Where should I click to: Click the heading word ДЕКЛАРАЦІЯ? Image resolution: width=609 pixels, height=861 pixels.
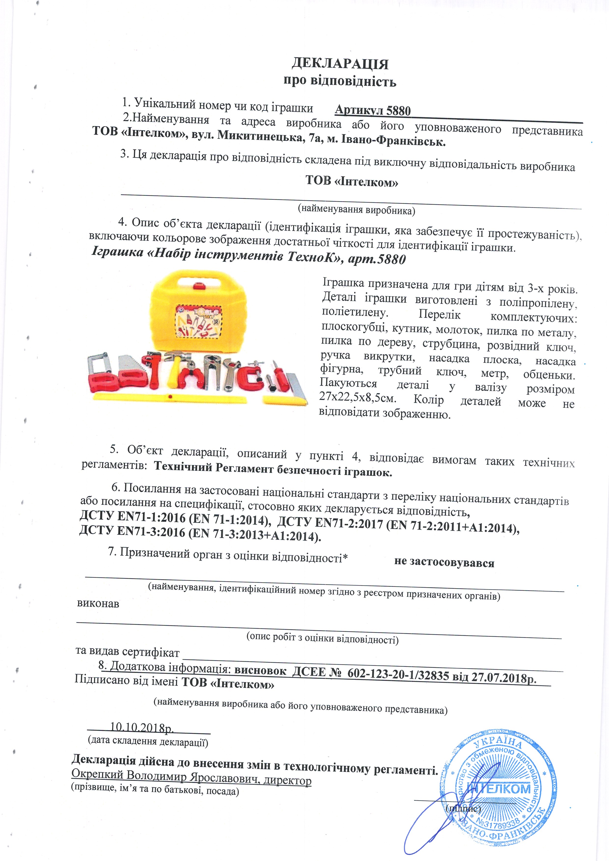click(340, 64)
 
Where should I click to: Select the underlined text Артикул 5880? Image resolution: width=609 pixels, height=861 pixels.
click(373, 111)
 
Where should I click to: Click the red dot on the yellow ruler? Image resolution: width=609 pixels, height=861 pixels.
click(170, 396)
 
